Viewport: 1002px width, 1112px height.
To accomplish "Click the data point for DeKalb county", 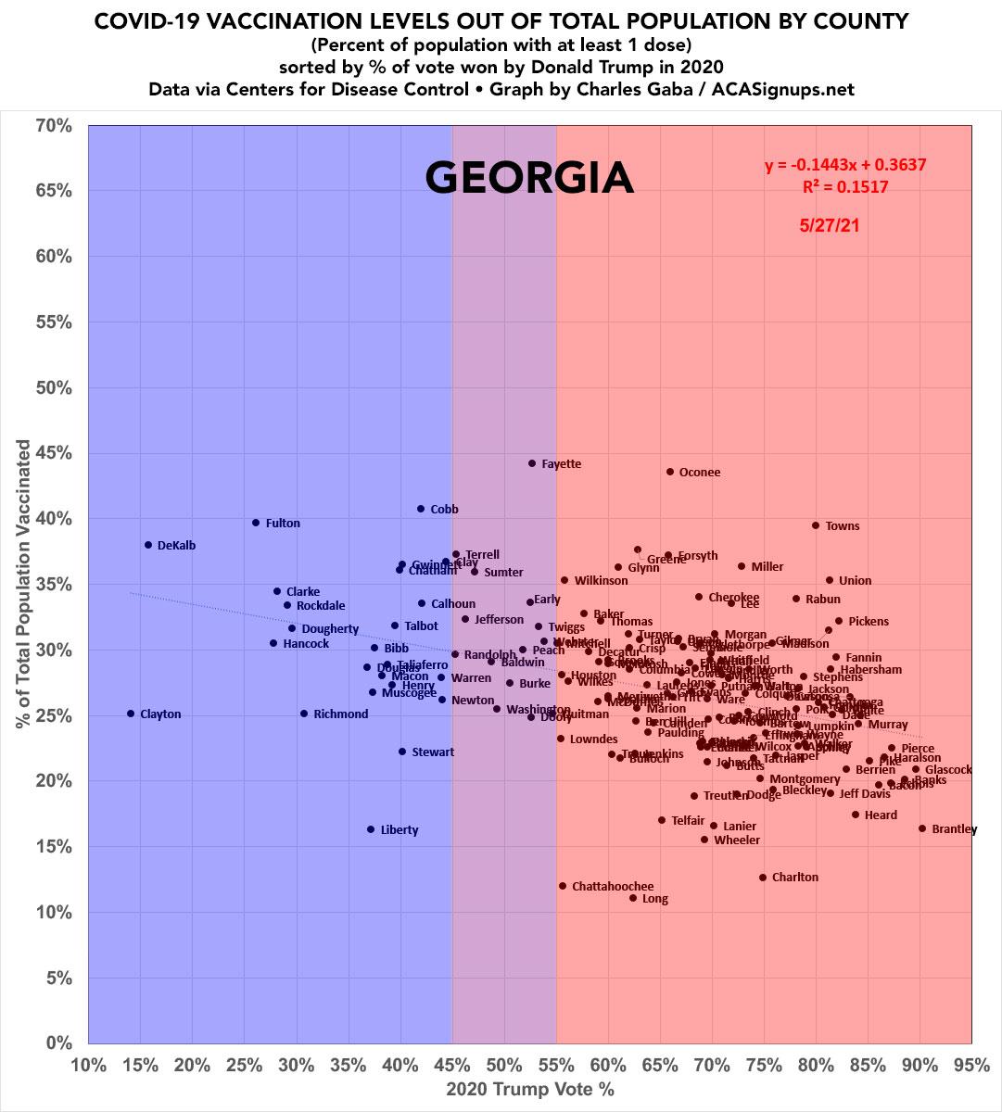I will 148,545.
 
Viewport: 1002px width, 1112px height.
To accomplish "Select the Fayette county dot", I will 532,463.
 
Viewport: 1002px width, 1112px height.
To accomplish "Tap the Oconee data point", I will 670,472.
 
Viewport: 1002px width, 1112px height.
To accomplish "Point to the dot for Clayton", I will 131,714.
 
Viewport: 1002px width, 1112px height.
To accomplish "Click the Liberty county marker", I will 371,829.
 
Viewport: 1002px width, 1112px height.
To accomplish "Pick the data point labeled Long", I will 633,898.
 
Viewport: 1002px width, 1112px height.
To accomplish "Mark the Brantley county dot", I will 922,828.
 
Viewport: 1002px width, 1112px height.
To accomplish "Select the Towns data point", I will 816,525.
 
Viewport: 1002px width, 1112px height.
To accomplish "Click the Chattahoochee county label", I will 613,887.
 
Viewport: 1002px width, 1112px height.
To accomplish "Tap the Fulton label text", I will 283,524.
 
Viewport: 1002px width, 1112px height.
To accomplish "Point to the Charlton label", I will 795,878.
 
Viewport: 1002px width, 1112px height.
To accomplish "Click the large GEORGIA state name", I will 529,177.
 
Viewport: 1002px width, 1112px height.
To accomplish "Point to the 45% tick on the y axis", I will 54,453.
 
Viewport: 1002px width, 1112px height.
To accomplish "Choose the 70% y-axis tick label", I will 54,125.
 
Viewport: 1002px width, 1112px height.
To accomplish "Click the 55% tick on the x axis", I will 556,1065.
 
